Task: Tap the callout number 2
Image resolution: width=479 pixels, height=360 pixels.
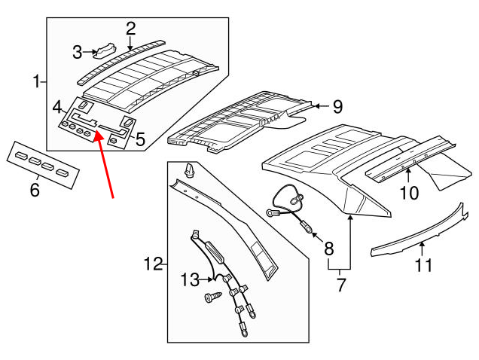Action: pos(130,29)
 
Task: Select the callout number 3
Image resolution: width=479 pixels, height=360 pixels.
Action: pos(78,51)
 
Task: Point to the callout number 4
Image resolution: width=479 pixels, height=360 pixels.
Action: pos(57,108)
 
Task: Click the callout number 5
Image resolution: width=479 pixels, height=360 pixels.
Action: pos(139,138)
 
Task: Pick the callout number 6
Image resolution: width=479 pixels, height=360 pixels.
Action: pos(35,189)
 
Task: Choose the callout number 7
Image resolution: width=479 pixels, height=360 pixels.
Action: pos(340,285)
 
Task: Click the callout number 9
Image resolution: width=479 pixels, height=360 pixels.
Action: pos(337,105)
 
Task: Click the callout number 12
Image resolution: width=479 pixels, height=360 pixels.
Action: pos(153,264)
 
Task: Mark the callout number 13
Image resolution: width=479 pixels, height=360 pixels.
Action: pos(190,280)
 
